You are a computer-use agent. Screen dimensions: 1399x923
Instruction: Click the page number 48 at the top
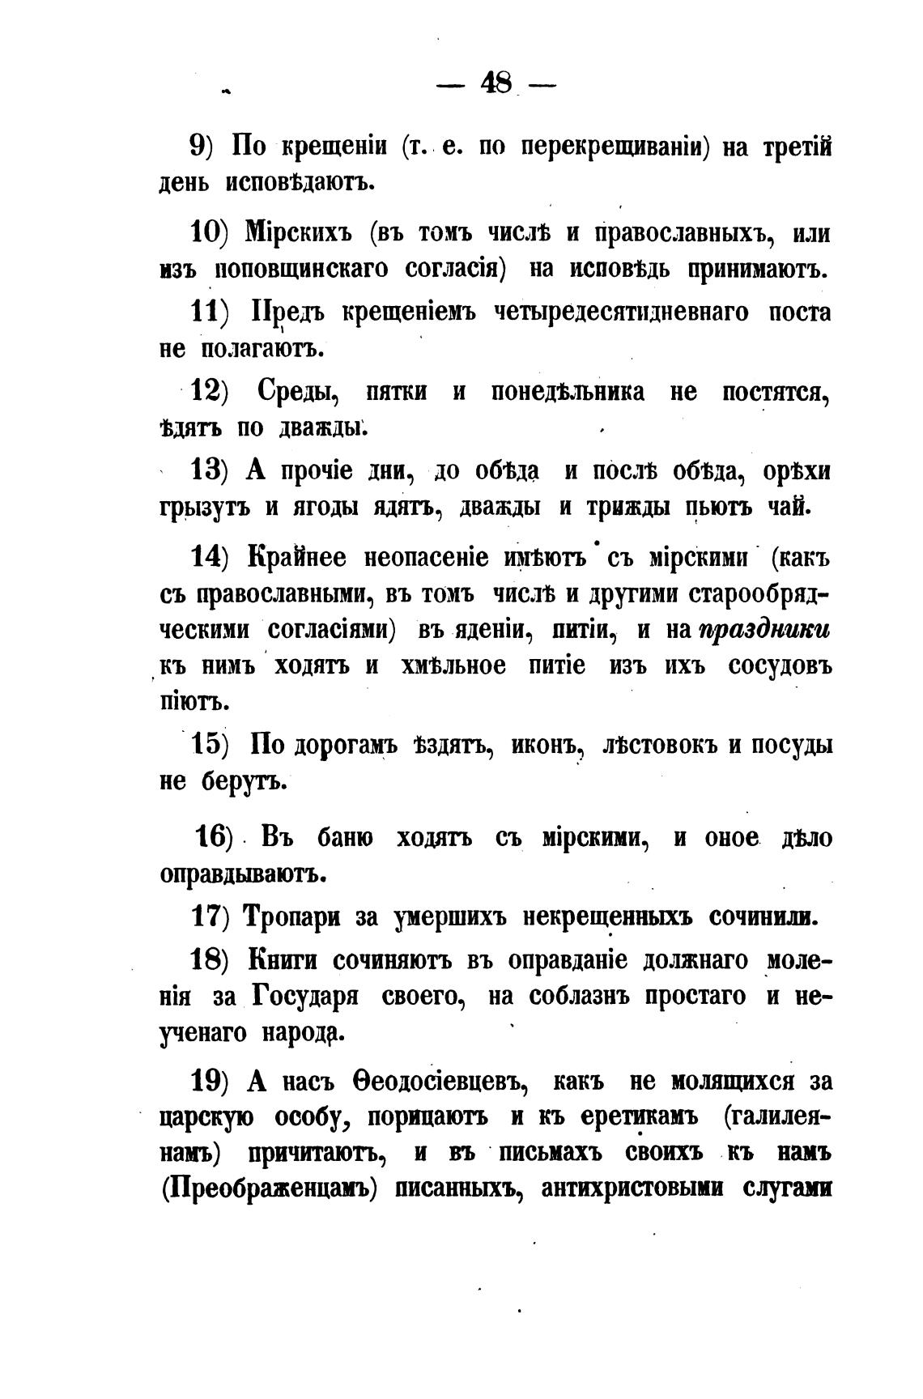[x=495, y=83]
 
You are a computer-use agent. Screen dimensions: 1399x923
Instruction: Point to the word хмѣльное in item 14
[x=453, y=665]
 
